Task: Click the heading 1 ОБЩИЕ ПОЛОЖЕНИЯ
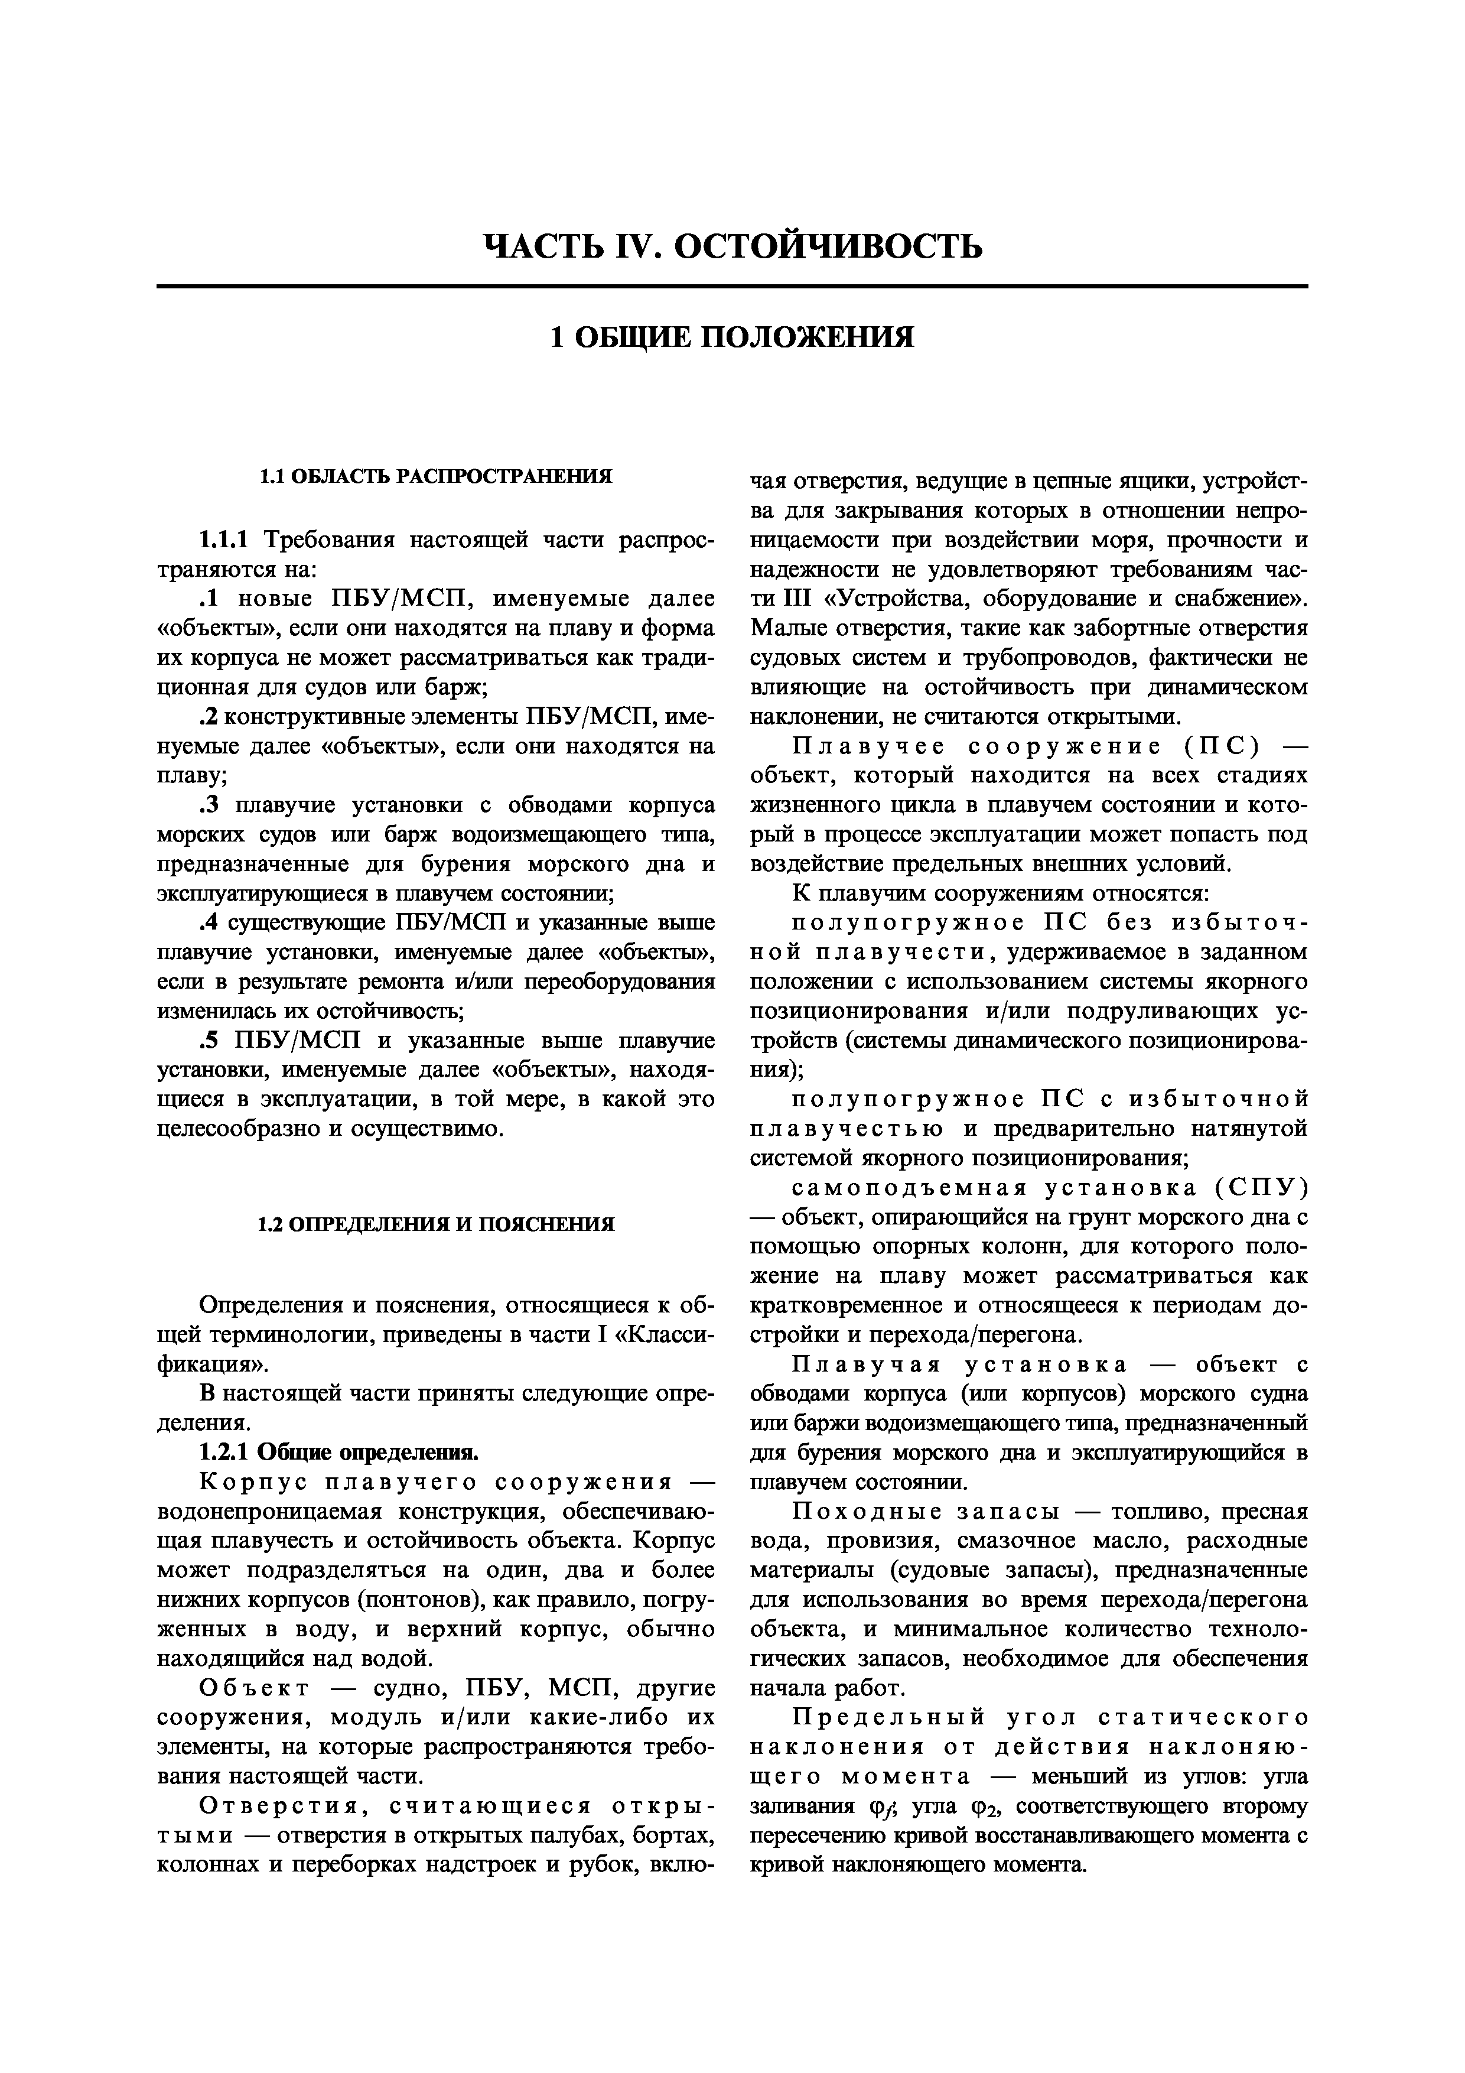[x=732, y=337]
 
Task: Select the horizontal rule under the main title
[x=732, y=287]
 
